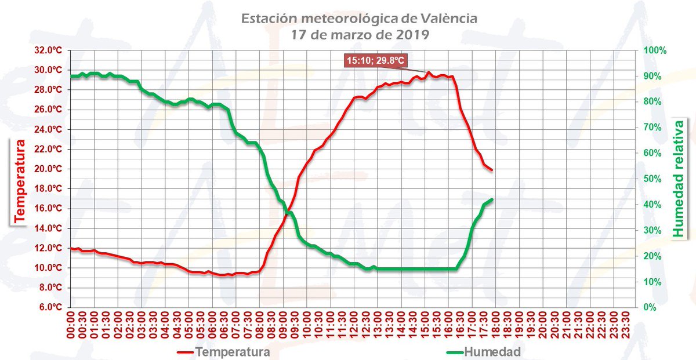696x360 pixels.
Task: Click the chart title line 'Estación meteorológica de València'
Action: pos(360,19)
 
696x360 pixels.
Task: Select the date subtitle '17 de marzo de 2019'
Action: pos(360,34)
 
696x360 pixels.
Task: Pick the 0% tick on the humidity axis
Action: pos(651,307)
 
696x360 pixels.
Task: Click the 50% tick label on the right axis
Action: pos(653,179)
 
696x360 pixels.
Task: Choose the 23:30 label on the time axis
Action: pos(625,328)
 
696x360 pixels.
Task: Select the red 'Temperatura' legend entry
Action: pos(223,351)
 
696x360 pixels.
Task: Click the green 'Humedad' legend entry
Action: pos(484,351)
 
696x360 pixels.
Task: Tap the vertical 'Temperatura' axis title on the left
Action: pos(19,180)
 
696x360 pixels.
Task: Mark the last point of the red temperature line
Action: pos(492,170)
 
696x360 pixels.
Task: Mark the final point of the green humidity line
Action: pos(492,199)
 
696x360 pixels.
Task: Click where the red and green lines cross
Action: pos(287,215)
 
